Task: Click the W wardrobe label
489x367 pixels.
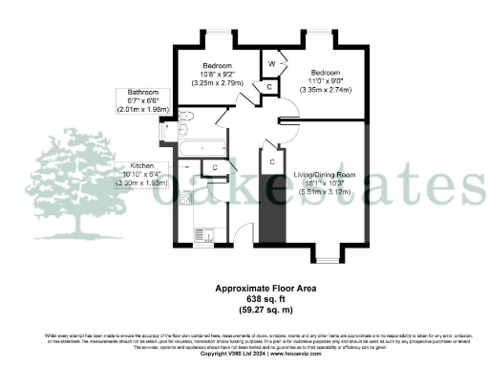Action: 272,64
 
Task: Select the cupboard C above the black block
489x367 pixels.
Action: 272,162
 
